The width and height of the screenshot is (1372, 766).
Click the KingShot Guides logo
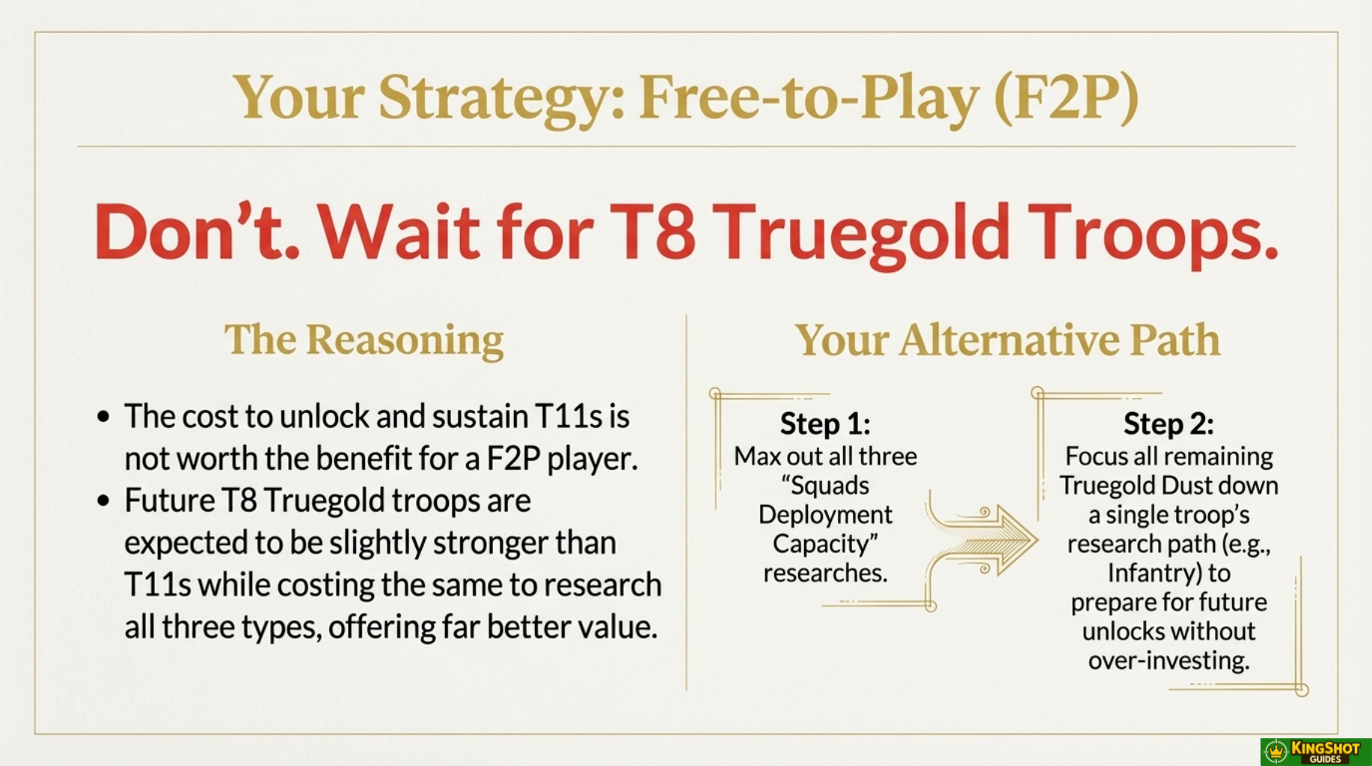[x=1316, y=752]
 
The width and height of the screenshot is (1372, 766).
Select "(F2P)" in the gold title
[x=1066, y=97]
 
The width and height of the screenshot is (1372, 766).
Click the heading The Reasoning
[x=364, y=340]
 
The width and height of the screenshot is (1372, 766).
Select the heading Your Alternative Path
[x=1007, y=340]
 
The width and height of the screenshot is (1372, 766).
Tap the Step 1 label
[x=825, y=424]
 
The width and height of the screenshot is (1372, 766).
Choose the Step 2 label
[x=1169, y=424]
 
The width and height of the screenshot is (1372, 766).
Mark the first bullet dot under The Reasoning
[x=103, y=417]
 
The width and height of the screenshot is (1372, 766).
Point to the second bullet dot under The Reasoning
[x=103, y=501]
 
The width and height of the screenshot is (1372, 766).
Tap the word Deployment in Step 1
[x=825, y=515]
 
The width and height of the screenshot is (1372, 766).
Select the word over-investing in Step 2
[x=1169, y=661]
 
